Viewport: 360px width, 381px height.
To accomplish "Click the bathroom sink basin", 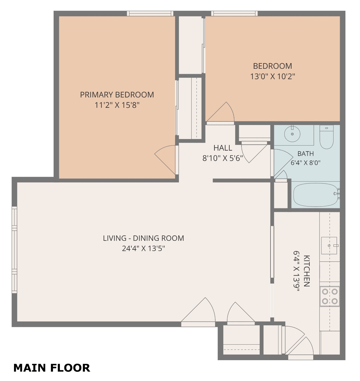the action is click(292, 134).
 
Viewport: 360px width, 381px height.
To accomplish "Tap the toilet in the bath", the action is click(326, 137).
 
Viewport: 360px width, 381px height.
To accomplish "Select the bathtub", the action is click(316, 195).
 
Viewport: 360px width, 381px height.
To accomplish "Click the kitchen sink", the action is click(329, 246).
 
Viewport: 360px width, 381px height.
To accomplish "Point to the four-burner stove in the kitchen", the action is click(330, 296).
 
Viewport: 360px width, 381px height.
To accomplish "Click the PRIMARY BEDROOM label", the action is click(117, 95).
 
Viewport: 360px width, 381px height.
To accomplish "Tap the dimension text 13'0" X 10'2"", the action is click(272, 76).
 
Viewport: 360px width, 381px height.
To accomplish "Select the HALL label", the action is click(223, 148).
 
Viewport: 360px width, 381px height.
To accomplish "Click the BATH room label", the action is click(306, 154).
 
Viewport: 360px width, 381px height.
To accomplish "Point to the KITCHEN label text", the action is click(306, 271).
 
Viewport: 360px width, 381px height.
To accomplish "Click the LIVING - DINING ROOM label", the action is click(144, 238).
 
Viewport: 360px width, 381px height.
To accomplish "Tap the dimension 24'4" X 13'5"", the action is click(144, 249).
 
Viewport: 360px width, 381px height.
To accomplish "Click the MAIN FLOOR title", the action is click(52, 368).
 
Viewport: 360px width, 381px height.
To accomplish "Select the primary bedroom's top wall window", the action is click(150, 13).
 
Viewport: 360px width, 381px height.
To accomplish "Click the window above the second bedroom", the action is click(234, 13).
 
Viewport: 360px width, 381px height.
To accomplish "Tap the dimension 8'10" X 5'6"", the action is click(223, 158).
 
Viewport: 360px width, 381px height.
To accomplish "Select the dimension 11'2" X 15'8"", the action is click(117, 105).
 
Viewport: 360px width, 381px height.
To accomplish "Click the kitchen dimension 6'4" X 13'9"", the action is click(296, 271).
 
